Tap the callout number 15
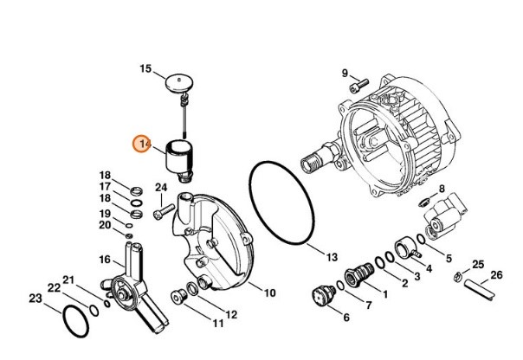145,68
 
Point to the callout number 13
331,257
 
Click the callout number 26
495,275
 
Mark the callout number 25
478,263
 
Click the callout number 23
35,299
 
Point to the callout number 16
104,259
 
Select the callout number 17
105,186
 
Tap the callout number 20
104,225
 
